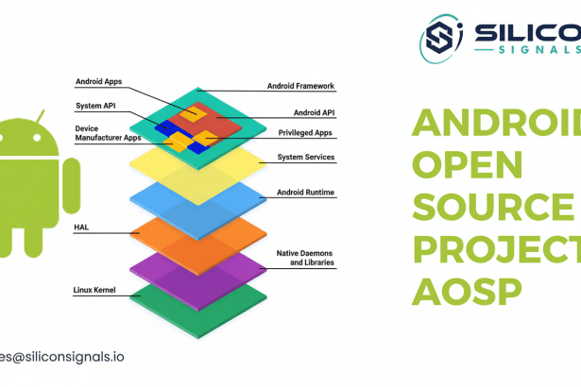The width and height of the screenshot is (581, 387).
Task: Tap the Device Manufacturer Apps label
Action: point(107,132)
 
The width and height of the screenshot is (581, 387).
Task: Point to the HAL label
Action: point(80,227)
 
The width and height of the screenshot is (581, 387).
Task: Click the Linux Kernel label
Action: point(94,289)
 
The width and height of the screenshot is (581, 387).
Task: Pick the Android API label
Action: point(316,112)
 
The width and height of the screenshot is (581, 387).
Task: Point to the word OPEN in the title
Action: point(469,164)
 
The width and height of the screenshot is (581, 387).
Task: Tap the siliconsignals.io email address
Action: point(61,357)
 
